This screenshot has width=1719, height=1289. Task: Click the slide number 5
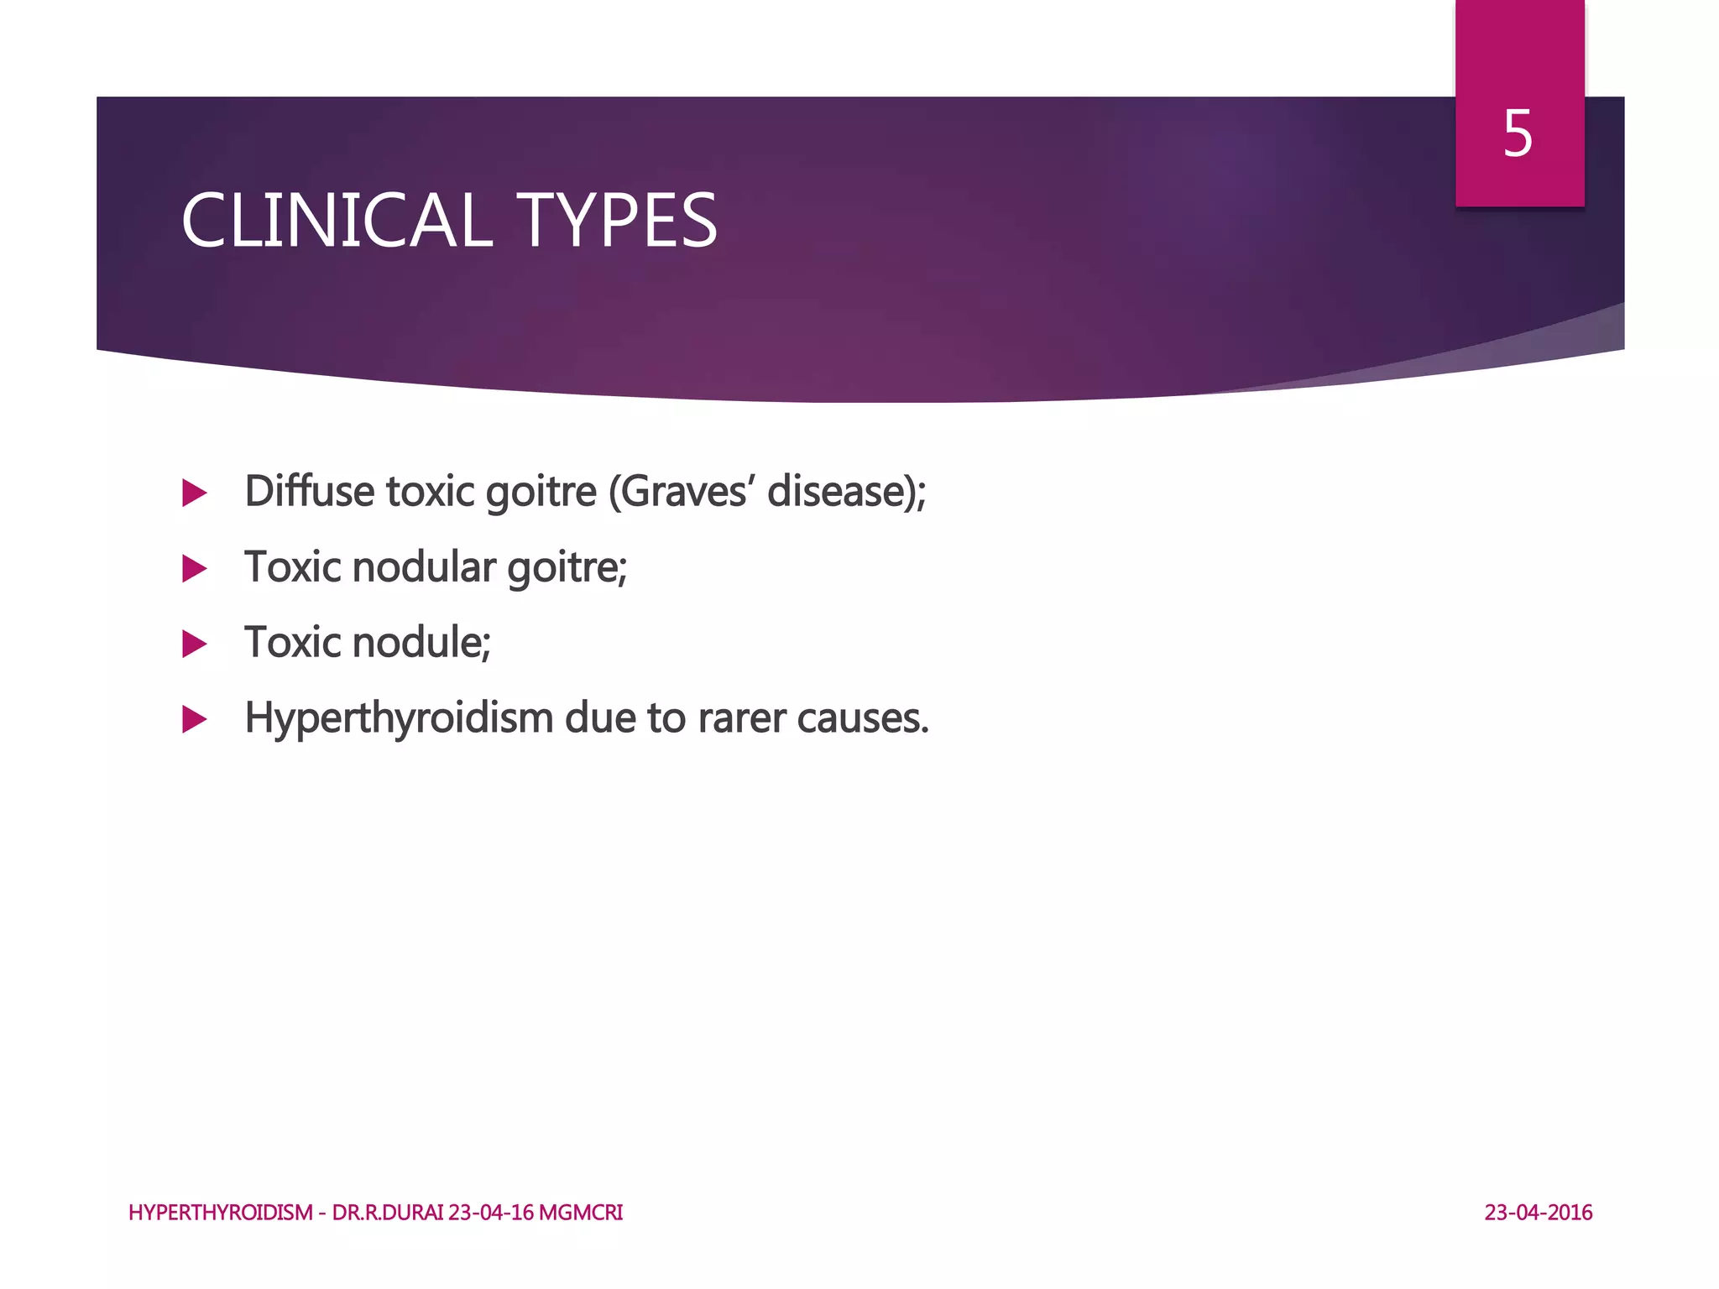1518,134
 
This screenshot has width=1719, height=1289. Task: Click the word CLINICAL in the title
336,221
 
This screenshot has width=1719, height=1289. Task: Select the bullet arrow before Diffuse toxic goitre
194,493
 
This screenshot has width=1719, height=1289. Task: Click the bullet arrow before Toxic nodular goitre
194,569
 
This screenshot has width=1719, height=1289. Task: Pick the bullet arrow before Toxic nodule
194,644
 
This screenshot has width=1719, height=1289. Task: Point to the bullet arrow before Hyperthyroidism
194,719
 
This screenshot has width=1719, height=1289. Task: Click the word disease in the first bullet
839,491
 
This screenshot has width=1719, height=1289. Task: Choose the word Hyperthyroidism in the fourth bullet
398,718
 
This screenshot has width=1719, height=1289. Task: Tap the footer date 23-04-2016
1538,1213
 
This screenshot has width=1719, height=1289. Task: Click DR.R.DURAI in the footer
388,1213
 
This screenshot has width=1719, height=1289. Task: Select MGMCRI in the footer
581,1213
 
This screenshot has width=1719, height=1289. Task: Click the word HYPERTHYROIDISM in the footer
220,1213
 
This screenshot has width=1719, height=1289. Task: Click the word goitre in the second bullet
567,567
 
